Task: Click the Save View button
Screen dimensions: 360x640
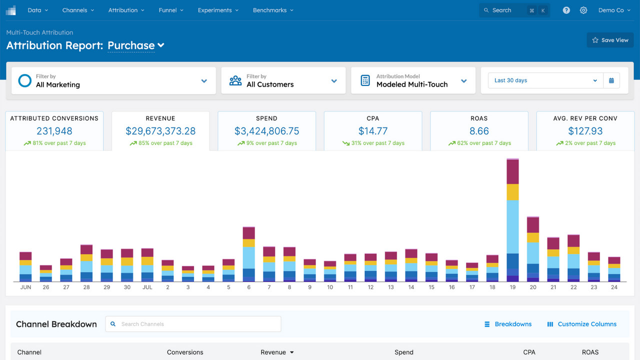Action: (610, 40)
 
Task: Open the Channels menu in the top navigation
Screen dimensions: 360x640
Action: (78, 10)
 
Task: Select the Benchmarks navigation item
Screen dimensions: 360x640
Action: (273, 10)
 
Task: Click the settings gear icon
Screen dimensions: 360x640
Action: (583, 10)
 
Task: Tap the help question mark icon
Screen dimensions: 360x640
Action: (566, 10)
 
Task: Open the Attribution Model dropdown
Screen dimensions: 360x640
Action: (413, 80)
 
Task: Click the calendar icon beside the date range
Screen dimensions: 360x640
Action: (611, 80)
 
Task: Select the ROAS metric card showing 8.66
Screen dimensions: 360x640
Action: (479, 131)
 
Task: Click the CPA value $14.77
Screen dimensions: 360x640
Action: (373, 131)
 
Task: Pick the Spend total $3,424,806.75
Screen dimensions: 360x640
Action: (266, 131)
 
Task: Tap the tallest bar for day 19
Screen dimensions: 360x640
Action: (512, 220)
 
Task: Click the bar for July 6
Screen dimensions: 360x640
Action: (249, 255)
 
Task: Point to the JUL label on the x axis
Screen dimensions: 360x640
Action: (147, 287)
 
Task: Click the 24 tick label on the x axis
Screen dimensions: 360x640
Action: (614, 287)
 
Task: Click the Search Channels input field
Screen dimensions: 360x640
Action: (193, 324)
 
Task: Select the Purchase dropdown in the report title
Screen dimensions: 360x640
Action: (135, 45)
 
